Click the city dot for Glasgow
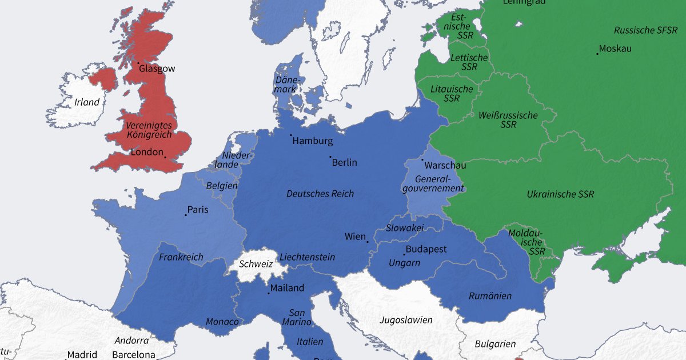[138, 63]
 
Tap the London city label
[147, 153]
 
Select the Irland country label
[87, 103]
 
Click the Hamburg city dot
[290, 135]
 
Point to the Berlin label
[345, 162]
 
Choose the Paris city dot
[186, 215]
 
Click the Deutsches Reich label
[320, 194]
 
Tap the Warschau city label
[446, 166]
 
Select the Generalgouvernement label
[433, 183]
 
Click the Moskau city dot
[597, 54]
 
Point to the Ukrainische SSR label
[560, 194]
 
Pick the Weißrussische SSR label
[508, 120]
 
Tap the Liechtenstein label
[307, 257]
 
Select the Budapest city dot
[404, 254]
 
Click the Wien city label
[354, 237]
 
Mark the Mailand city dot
[269, 293]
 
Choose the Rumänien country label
[490, 296]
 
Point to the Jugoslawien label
[406, 320]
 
